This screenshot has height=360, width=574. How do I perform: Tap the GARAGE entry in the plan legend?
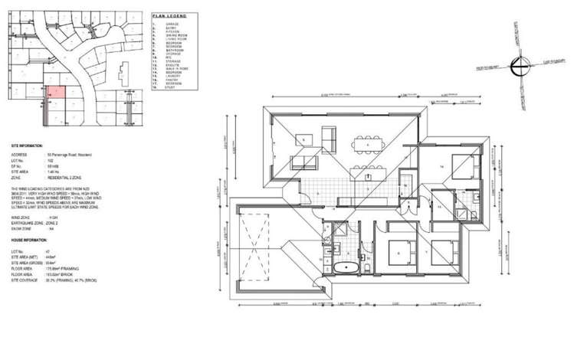pos(174,25)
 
